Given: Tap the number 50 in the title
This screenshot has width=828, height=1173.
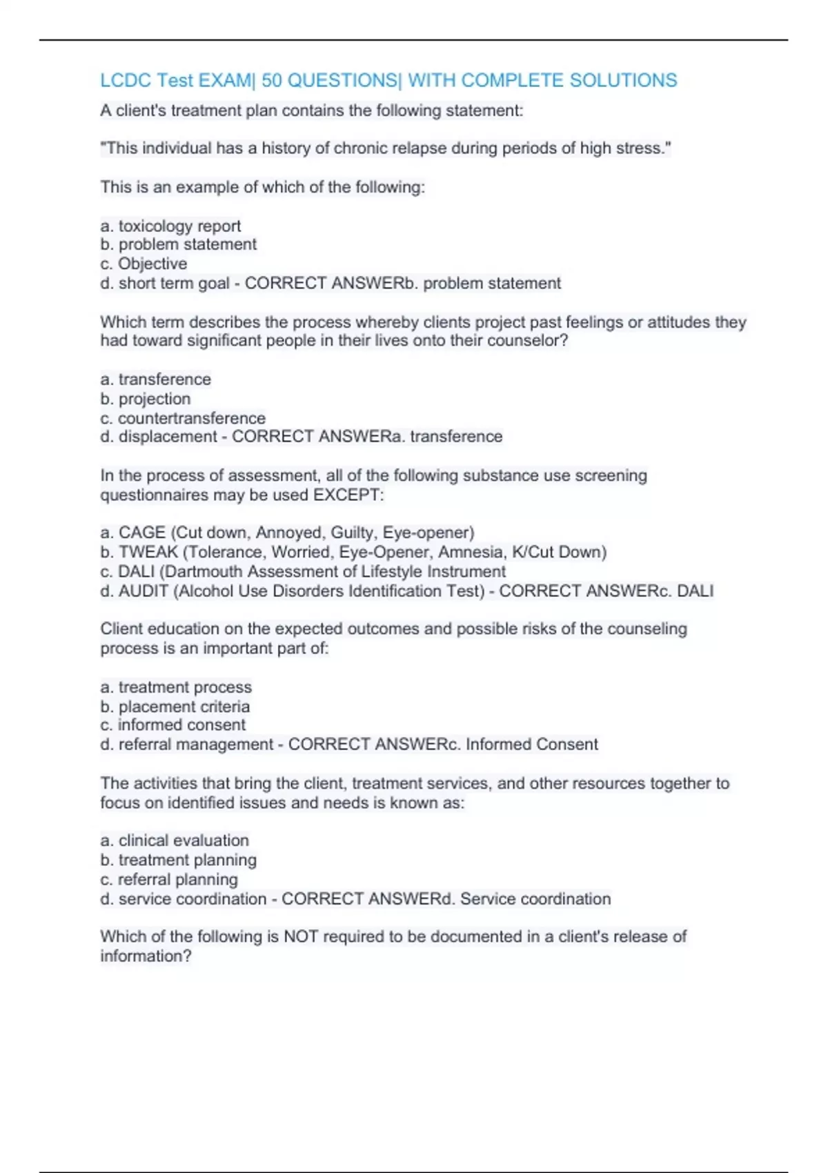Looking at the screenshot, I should click(272, 81).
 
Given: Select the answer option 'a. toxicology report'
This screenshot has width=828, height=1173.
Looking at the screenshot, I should click(170, 226).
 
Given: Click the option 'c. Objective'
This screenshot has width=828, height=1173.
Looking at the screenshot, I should click(144, 264).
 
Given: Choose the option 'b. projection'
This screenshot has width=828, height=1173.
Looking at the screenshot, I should click(146, 399).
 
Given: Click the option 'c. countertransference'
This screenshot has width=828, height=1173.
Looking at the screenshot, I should click(183, 418).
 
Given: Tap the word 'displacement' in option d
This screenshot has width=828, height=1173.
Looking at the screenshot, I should click(168, 437).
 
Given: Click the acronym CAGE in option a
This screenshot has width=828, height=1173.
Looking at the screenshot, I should click(142, 533).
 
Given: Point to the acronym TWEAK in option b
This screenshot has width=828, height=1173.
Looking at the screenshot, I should click(148, 552).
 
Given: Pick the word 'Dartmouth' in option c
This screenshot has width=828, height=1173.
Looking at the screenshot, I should click(204, 571).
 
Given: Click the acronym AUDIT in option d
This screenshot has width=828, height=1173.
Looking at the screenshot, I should click(144, 591).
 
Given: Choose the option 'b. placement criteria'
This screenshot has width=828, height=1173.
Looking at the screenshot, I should click(175, 707).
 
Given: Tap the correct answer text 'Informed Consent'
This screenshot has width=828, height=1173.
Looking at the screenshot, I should click(531, 745).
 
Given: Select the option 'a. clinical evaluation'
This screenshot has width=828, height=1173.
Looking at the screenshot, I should click(175, 840).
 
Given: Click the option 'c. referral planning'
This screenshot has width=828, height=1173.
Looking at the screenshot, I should click(169, 880).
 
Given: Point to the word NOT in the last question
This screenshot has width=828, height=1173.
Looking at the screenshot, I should click(301, 936).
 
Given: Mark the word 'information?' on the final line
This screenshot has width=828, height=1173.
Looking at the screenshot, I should click(146, 956).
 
